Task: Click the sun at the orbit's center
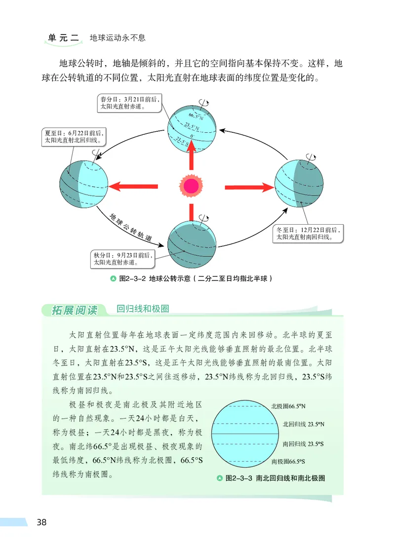tap(191, 186)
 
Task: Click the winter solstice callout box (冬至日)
tap(309, 233)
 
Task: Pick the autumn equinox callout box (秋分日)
tap(123, 259)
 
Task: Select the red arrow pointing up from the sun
tap(192, 156)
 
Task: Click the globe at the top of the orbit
tap(191, 127)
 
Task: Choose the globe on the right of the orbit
tap(299, 186)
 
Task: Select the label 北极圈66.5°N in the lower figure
tap(288, 406)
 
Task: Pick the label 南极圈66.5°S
tap(288, 462)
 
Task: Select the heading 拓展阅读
tap(75, 310)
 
